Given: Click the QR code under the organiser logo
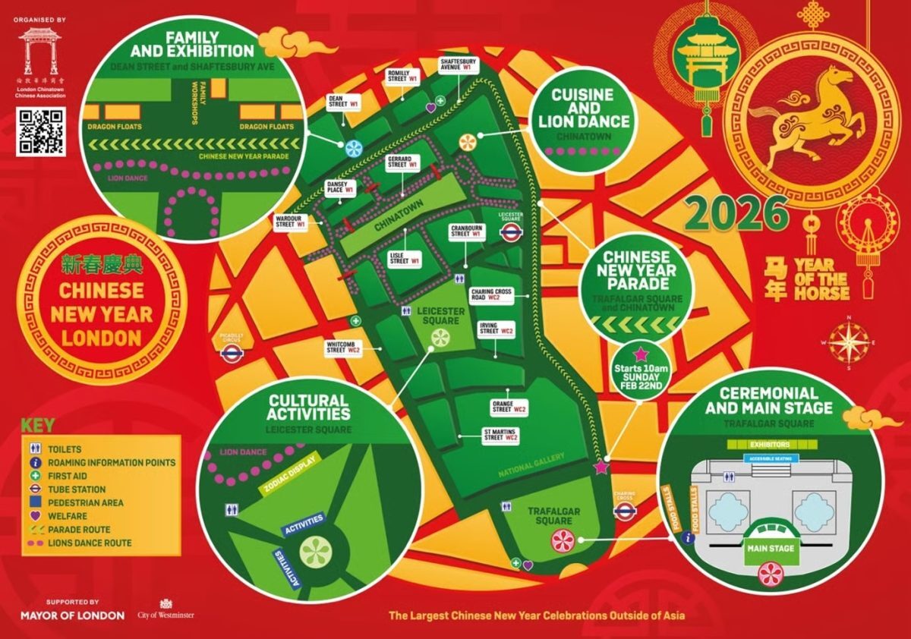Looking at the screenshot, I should [x=40, y=131].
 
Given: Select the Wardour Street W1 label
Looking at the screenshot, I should [x=292, y=221].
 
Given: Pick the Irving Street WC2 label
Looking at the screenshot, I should [x=496, y=329].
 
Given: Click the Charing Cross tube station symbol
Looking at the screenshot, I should [x=624, y=511].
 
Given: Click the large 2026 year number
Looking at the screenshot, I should [x=736, y=213].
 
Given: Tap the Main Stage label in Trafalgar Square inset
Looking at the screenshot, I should [x=771, y=548].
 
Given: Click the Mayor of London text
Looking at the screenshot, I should [x=72, y=615].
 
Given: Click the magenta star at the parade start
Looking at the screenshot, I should [x=602, y=467].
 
